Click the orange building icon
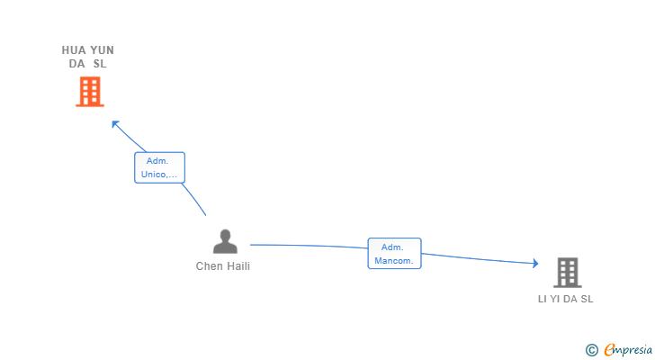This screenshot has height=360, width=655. (89, 91)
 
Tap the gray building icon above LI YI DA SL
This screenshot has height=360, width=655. (567, 272)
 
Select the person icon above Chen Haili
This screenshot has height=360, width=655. (224, 241)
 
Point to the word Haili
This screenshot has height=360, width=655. (238, 266)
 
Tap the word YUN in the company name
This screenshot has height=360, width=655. (102, 50)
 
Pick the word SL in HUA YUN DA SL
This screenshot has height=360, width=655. (99, 64)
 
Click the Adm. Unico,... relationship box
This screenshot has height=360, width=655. (159, 167)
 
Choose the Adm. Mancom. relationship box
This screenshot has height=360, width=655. (394, 254)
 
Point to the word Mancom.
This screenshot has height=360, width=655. (394, 261)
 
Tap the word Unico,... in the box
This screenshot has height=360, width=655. (159, 175)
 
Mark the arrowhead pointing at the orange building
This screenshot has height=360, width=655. (113, 122)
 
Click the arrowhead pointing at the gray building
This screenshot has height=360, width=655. (534, 263)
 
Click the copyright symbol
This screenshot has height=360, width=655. (591, 349)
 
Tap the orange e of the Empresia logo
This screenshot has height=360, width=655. (609, 349)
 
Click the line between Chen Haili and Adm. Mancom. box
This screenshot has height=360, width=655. (306, 246)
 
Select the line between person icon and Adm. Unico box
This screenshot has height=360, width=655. (195, 199)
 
